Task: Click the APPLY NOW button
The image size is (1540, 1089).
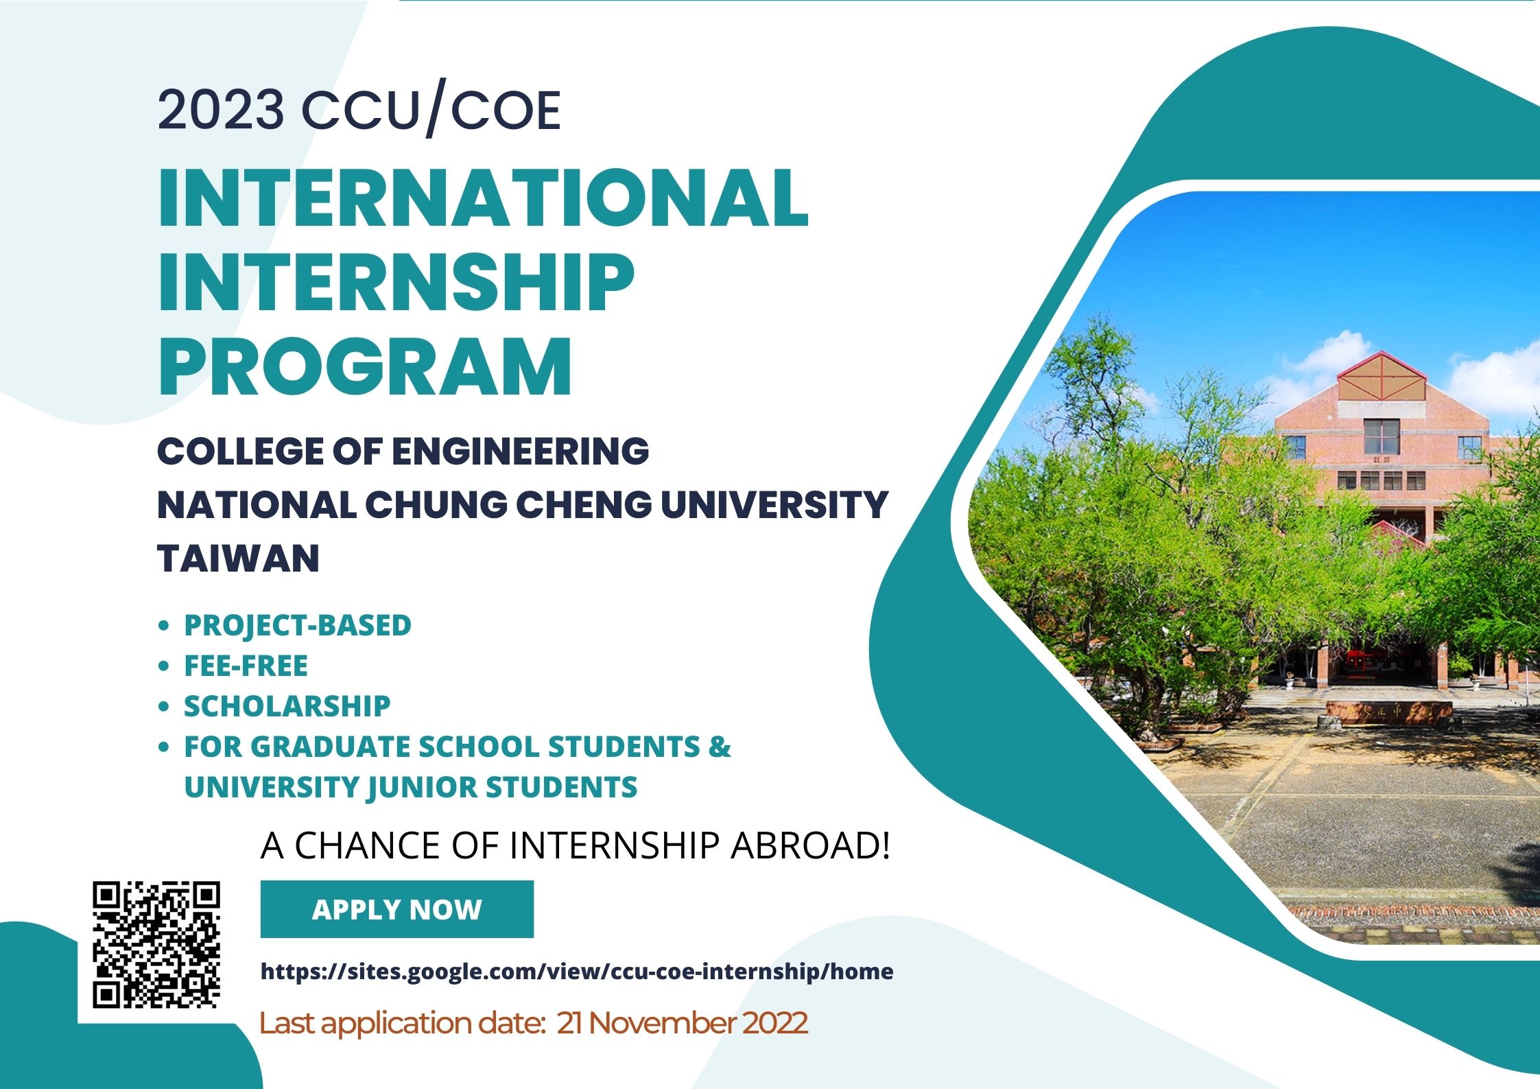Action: point(396,909)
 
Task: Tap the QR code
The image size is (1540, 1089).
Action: point(156,945)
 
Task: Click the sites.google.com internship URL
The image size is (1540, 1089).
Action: point(577,972)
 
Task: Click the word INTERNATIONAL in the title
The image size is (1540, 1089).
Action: point(484,198)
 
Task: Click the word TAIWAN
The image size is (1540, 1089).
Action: point(239,557)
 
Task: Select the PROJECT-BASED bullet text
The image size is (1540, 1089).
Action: point(298,626)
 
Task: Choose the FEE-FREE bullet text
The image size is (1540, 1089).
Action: point(246,666)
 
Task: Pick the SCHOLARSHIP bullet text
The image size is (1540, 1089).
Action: point(287,706)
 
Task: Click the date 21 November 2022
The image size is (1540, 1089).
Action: point(682,1022)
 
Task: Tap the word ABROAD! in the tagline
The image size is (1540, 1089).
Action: point(810,845)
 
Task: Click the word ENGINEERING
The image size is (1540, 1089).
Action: point(520,452)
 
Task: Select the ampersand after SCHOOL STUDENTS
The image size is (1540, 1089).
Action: point(720,747)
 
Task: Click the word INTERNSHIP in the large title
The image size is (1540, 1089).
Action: point(396,282)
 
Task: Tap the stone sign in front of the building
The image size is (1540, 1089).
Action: point(1389,712)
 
